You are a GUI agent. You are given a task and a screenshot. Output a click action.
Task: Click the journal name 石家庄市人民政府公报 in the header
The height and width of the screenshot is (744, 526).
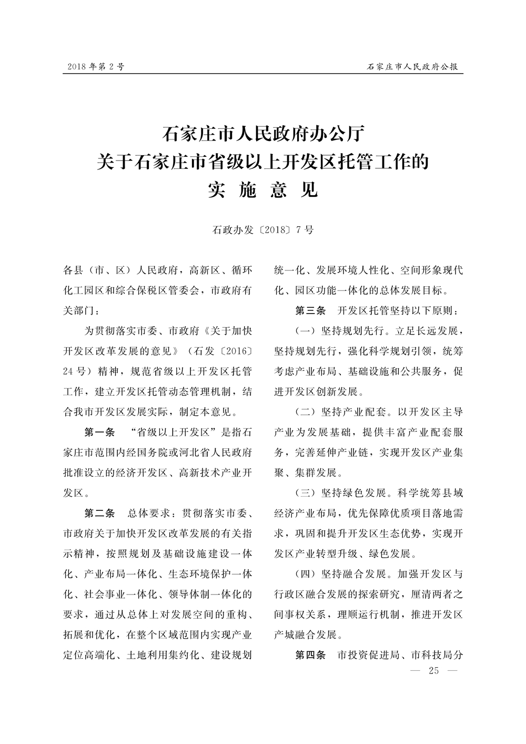[x=412, y=67]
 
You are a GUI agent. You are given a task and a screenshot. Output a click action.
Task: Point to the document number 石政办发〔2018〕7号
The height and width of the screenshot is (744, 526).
[x=263, y=230]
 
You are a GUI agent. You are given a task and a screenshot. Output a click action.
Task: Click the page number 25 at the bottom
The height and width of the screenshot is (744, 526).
[x=434, y=670]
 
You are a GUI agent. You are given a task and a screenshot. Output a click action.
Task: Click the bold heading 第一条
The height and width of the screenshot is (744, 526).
[x=99, y=433]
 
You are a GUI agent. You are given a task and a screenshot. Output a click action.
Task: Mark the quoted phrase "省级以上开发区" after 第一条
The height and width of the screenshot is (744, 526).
[x=174, y=433]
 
